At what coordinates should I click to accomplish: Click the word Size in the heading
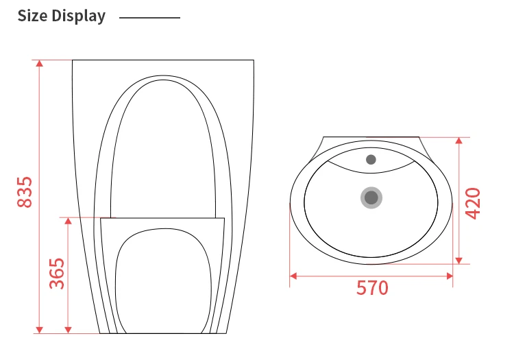pyautogui.click(x=33, y=16)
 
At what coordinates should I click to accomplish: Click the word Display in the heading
pyautogui.click(x=79, y=16)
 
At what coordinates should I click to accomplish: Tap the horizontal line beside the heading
pyautogui.click(x=149, y=17)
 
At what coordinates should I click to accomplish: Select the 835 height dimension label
pyautogui.click(x=24, y=193)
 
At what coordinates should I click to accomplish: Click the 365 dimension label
pyautogui.click(x=57, y=273)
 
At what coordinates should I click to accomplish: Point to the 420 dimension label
pyautogui.click(x=473, y=203)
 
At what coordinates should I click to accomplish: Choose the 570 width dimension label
pyautogui.click(x=372, y=288)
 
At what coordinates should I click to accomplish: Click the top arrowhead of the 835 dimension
pyautogui.click(x=40, y=63)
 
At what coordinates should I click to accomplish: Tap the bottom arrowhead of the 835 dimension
pyautogui.click(x=40, y=330)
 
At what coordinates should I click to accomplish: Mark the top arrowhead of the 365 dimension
pyautogui.click(x=68, y=221)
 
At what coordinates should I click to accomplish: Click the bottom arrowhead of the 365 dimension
pyautogui.click(x=68, y=330)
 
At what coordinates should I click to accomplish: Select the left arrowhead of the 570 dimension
pyautogui.click(x=293, y=276)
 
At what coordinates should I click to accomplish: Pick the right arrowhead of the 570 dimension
pyautogui.click(x=450, y=276)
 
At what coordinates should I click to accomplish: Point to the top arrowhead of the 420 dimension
pyautogui.click(x=459, y=141)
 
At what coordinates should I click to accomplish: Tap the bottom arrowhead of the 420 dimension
pyautogui.click(x=459, y=260)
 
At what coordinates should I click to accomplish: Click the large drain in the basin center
pyautogui.click(x=371, y=198)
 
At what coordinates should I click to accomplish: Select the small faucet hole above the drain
pyautogui.click(x=371, y=160)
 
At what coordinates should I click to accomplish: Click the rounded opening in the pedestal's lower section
pyautogui.click(x=162, y=281)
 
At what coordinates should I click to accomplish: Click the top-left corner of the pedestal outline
pyautogui.click(x=72, y=60)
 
